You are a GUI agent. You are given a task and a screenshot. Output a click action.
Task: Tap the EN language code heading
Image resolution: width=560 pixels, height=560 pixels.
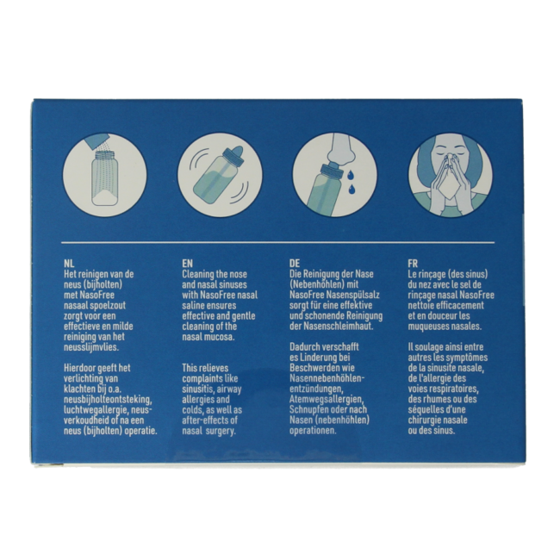pyautogui.click(x=187, y=261)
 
